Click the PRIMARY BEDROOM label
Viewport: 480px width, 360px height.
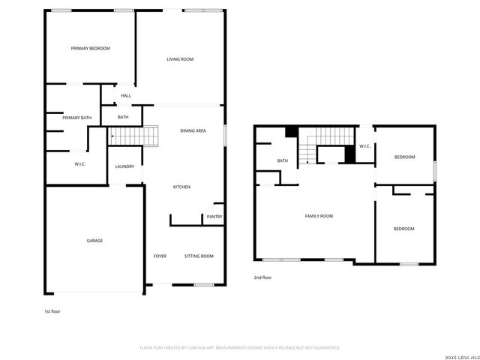coord(91,49)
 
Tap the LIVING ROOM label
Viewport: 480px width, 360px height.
coord(180,58)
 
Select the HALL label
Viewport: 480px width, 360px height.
coord(126,95)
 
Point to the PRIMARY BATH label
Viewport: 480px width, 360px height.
coord(76,117)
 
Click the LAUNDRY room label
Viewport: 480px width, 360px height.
coord(124,167)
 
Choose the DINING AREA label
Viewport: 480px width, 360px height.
coord(193,131)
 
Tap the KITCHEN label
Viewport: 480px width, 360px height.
coord(182,187)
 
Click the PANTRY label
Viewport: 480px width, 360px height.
coord(214,217)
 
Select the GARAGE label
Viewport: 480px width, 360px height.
coord(94,241)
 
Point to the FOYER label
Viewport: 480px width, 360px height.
coord(160,256)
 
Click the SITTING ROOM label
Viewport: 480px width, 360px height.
coord(199,256)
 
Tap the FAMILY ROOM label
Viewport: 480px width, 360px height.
coord(319,216)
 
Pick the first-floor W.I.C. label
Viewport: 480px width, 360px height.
coord(80,164)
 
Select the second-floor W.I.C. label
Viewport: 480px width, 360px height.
coord(364,146)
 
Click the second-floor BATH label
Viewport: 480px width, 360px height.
coord(283,160)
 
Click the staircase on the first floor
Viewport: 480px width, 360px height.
coord(136,136)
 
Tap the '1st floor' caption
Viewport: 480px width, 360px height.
coord(53,310)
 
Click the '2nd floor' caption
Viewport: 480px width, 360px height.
coord(262,277)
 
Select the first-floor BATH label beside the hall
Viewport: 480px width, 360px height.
coord(123,117)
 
